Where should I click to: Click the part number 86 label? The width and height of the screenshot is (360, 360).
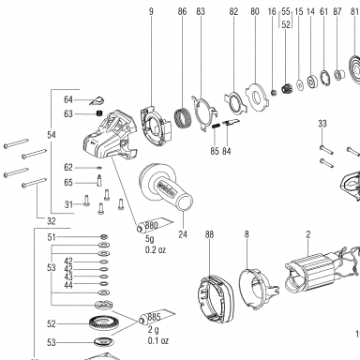coord(182,12)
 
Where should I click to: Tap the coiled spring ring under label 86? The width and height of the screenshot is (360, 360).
coord(182,118)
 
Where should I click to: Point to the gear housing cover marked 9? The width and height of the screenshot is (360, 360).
coord(156,126)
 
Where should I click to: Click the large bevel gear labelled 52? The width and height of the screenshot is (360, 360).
coord(102,322)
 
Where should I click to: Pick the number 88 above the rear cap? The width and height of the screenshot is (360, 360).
coord(210,234)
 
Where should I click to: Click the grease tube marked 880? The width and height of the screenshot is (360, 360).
coord(155,225)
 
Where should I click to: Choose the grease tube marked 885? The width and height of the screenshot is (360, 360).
coord(157,318)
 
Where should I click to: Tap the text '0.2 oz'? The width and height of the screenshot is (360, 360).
coord(156,250)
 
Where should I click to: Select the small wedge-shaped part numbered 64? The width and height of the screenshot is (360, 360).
coord(98,100)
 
